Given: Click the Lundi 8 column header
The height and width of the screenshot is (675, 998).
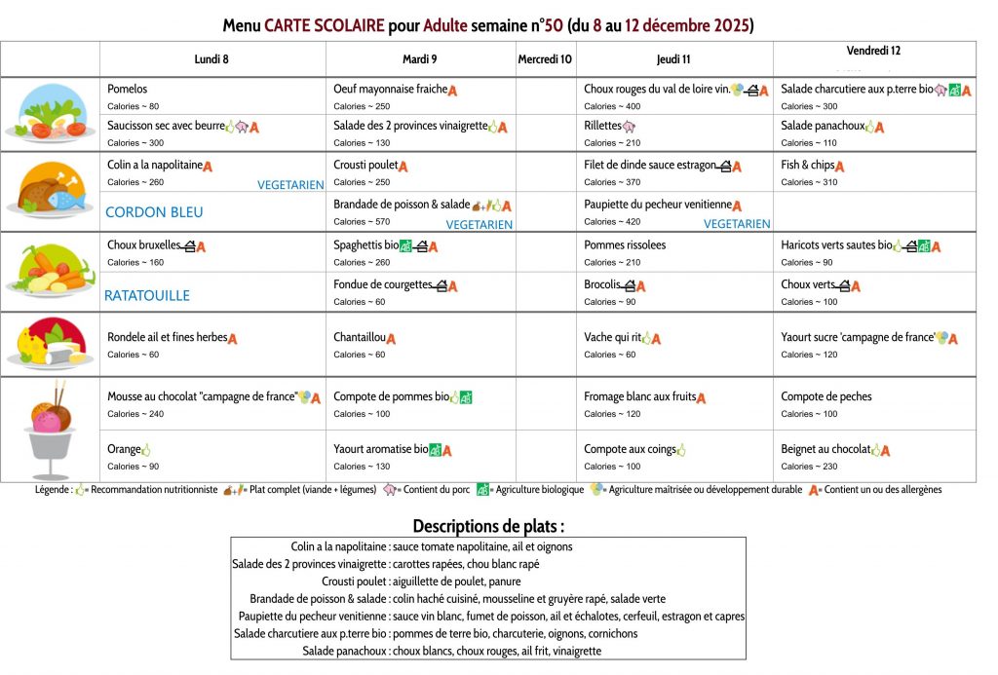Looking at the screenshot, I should (x=211, y=59).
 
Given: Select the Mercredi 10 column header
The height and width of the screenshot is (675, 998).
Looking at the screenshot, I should (x=545, y=59).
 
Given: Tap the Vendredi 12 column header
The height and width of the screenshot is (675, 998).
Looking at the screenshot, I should (x=873, y=51).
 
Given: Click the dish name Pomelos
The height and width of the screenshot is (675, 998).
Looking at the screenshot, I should (x=128, y=89).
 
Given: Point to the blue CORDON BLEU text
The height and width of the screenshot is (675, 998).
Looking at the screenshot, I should (x=154, y=211).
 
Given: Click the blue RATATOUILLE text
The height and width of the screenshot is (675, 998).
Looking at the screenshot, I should (x=147, y=295).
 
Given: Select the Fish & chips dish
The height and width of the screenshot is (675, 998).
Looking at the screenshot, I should (x=807, y=166).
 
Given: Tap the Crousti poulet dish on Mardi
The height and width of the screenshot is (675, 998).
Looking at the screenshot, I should (x=365, y=166).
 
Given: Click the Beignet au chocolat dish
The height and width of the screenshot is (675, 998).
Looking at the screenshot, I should (x=825, y=449).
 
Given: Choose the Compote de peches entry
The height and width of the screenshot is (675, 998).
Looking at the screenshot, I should (x=826, y=396).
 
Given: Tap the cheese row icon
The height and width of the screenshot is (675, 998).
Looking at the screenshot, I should (x=49, y=344).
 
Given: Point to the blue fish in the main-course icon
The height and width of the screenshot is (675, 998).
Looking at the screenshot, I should (x=65, y=200).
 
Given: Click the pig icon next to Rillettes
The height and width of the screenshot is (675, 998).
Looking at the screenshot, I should (x=629, y=127).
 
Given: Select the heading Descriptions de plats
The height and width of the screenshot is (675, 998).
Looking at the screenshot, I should (x=488, y=526).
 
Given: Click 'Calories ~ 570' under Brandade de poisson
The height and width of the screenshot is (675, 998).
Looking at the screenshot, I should (x=357, y=222).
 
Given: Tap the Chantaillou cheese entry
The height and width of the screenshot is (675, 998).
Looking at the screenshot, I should (x=359, y=338).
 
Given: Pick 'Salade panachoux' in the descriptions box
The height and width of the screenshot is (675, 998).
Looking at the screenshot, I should (x=344, y=651).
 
